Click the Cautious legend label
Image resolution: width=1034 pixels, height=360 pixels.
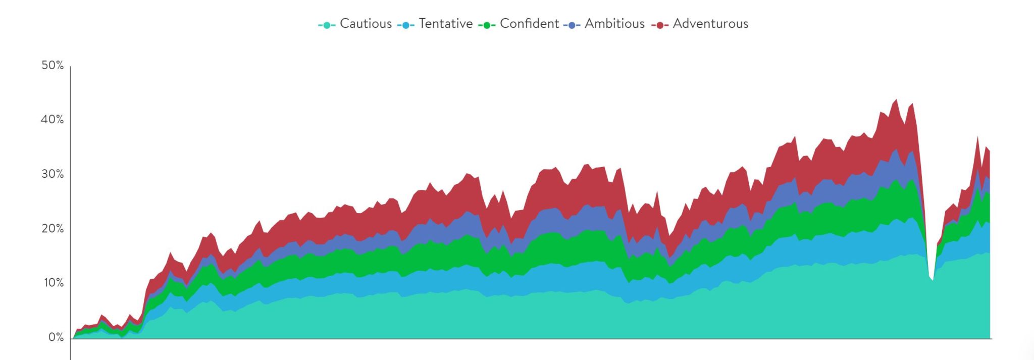[366, 24]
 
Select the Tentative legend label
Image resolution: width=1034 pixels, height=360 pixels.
[445, 24]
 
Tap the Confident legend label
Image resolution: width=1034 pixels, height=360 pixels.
[529, 24]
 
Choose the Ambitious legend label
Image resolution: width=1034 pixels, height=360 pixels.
[614, 24]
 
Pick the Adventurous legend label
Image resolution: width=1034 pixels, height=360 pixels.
[710, 24]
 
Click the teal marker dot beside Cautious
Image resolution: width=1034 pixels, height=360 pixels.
[327, 25]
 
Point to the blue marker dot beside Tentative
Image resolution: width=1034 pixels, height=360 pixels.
[406, 25]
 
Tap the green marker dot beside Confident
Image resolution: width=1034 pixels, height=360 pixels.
[487, 25]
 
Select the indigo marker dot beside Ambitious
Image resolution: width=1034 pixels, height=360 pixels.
[572, 25]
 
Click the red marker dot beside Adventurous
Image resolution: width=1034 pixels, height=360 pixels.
[660, 25]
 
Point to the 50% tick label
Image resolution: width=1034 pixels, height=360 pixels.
[53, 66]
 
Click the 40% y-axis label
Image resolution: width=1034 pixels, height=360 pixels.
[53, 120]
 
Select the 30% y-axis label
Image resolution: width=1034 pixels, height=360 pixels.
[53, 174]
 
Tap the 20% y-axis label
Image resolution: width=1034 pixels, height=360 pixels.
[53, 229]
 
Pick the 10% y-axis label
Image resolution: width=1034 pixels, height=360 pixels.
[53, 283]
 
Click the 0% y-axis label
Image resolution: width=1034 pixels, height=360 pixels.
[56, 337]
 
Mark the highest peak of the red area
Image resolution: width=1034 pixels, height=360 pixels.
[896, 100]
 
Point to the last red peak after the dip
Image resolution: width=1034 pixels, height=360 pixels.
[978, 137]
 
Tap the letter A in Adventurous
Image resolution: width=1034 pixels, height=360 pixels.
[678, 24]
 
